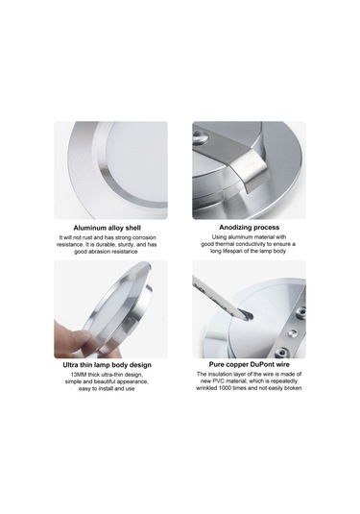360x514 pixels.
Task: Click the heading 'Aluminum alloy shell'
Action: pyautogui.click(x=110, y=228)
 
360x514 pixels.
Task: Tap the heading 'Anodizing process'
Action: pyautogui.click(x=249, y=228)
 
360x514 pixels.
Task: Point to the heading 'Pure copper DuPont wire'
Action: pyautogui.click(x=249, y=366)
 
